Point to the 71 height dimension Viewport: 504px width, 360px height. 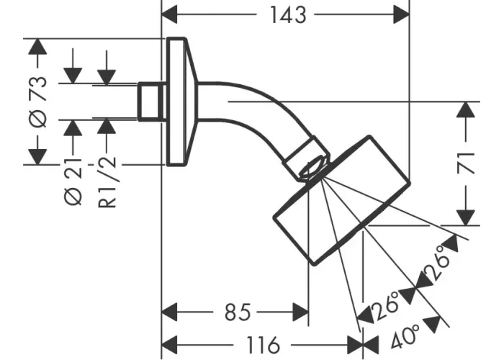tap(468, 163)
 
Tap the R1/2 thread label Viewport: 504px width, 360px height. tap(107, 183)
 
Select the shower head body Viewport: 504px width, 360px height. tap(338, 202)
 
